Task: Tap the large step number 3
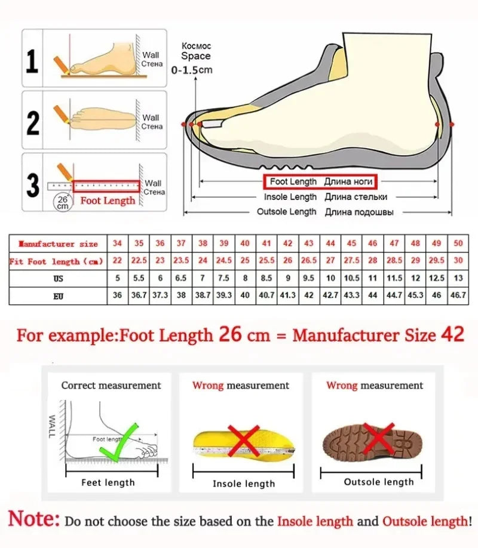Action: [33, 185]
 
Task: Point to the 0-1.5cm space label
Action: [192, 70]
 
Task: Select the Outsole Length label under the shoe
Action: [286, 212]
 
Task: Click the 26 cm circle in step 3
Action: [62, 202]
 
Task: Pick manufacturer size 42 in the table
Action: [287, 244]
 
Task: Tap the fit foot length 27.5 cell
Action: [351, 261]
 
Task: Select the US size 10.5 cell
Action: [351, 278]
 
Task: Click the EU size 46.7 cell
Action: [458, 295]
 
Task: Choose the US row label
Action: [58, 278]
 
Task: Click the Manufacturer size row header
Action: [58, 244]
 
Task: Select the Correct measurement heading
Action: [111, 386]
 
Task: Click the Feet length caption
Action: [108, 482]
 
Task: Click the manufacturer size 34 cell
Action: [117, 244]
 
